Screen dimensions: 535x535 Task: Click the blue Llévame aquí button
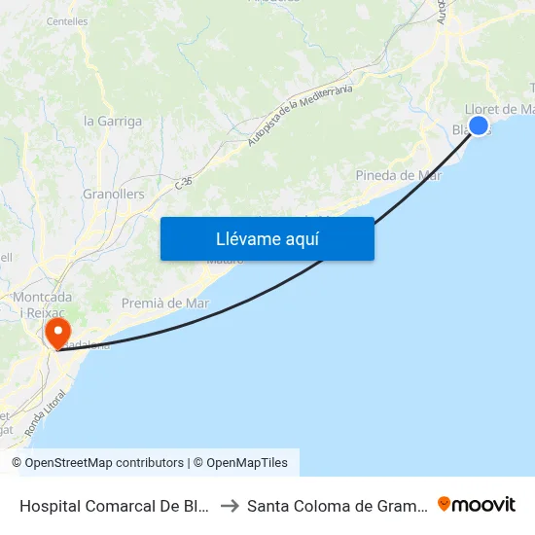[x=267, y=238]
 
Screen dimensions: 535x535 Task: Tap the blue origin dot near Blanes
[x=479, y=125]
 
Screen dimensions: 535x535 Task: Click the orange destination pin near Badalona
[x=58, y=333]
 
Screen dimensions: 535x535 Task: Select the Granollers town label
[x=114, y=194]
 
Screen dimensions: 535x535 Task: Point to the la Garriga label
[x=113, y=122]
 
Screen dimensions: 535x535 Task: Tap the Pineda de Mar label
[x=399, y=175]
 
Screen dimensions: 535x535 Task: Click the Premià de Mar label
[x=165, y=303]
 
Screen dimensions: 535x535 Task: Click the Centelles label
[x=66, y=19]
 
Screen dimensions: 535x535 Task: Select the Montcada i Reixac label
[x=41, y=303]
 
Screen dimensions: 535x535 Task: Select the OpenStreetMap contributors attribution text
[x=97, y=463]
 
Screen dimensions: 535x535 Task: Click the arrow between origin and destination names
[x=231, y=505]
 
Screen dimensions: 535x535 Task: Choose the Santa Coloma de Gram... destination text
[x=337, y=505]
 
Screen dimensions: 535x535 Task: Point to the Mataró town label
[x=226, y=261]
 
